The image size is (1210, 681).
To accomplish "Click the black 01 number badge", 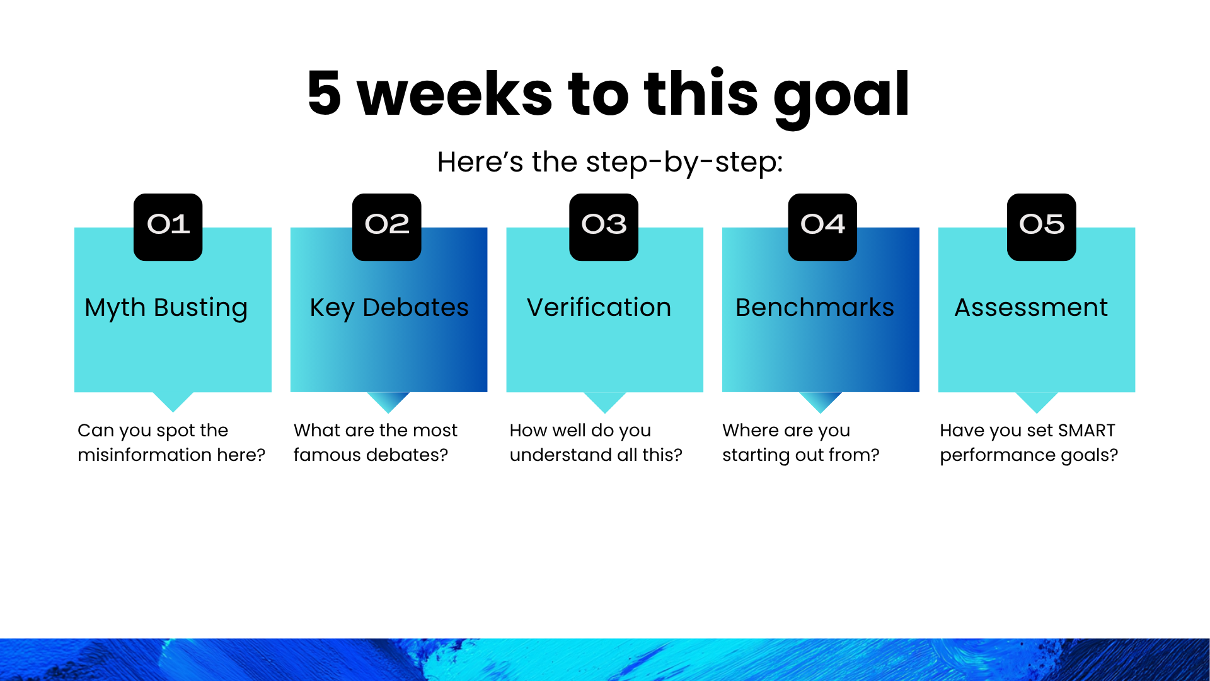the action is pos(168,227).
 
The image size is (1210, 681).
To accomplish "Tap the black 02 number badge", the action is pos(386,227).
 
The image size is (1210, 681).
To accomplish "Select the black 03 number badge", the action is pos(604,227).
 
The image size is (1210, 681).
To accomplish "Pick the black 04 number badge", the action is pos(822,227).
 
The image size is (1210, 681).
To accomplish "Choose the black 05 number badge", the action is pos(1041,227).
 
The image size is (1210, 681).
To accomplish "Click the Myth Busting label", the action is pos(166,308).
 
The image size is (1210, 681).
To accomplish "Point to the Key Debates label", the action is pos(389,308).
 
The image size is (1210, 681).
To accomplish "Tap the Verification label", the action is pos(599,307).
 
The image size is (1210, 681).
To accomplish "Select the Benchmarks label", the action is pos(815,307).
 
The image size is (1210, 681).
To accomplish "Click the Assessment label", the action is pos(1031,307).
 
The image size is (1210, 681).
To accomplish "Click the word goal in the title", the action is pos(841,95).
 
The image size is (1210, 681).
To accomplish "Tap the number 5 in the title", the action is pos(324,93).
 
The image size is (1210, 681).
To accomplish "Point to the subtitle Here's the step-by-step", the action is pos(610,162).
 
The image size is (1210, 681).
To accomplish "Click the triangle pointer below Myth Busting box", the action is pos(173,402).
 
